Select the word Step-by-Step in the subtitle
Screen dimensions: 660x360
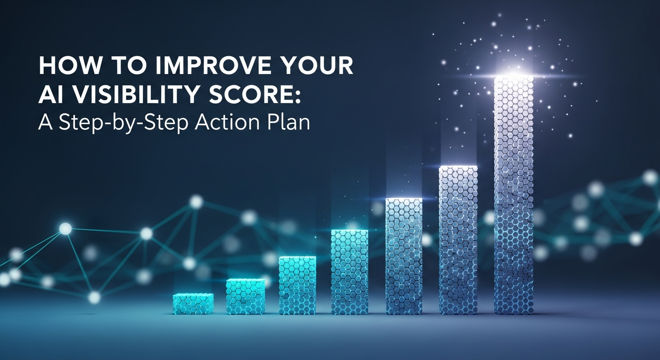tap(123, 122)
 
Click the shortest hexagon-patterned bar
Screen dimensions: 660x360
tap(193, 304)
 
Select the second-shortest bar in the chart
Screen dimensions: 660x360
tap(245, 296)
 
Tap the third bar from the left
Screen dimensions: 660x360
tap(297, 285)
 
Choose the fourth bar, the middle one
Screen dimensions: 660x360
tap(349, 272)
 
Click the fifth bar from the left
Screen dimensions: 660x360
tap(404, 256)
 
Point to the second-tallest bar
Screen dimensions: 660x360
tap(458, 240)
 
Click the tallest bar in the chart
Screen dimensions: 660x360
tap(514, 195)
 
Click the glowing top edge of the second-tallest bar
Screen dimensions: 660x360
tap(458, 167)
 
